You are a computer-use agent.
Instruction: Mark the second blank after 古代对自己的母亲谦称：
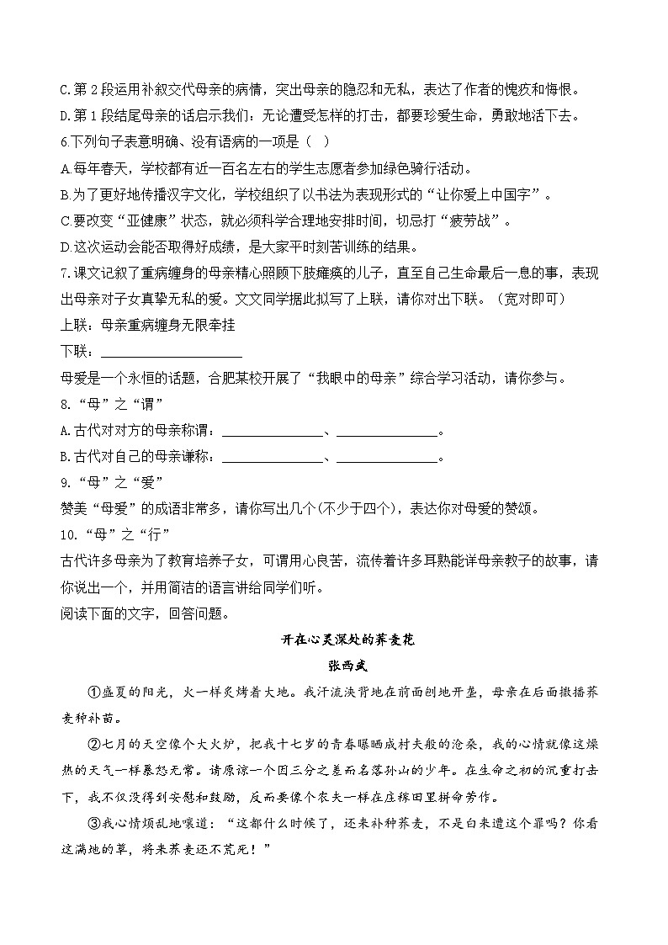click(x=388, y=459)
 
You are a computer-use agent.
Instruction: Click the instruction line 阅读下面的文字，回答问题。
click(x=132, y=613)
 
